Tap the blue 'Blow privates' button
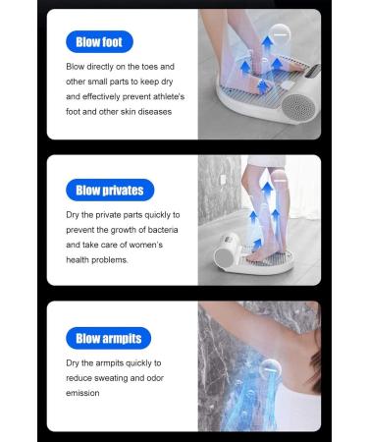109,190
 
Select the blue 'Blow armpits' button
108,339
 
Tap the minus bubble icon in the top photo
282,33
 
